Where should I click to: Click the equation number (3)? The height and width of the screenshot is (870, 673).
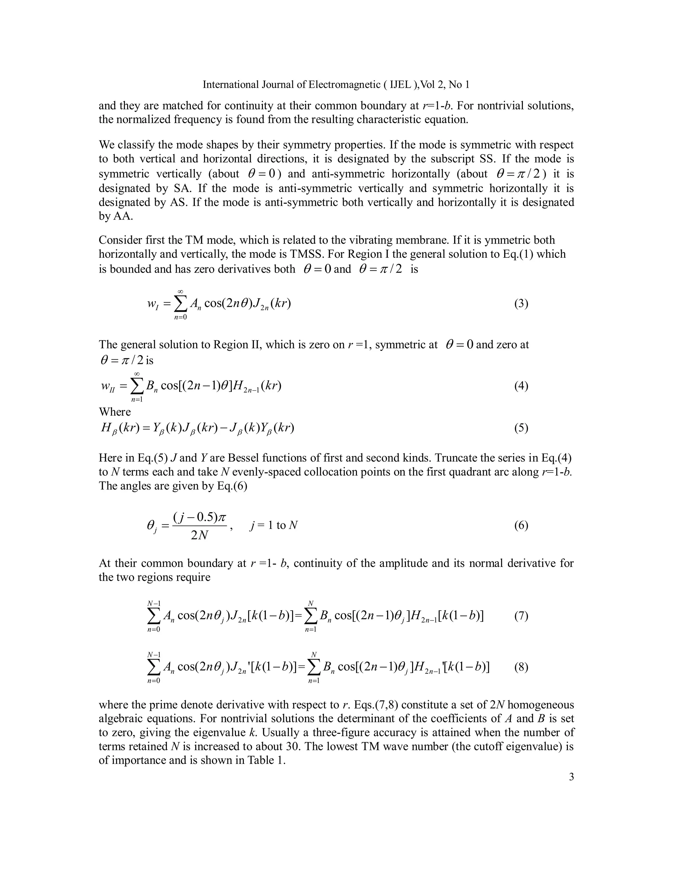[521, 303]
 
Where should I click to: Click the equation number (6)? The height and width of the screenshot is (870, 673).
[521, 525]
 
